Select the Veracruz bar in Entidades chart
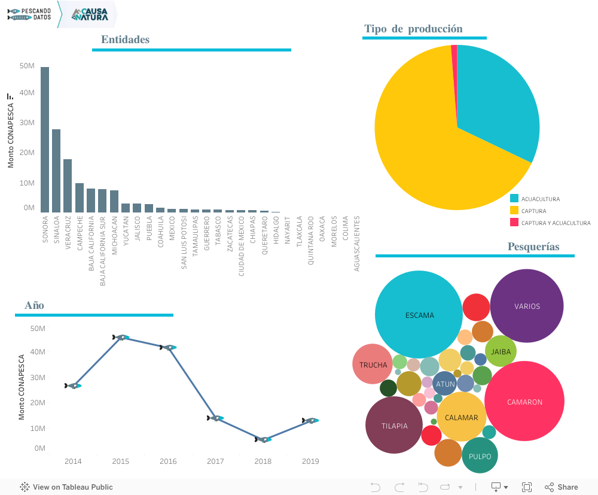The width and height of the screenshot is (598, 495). (68, 186)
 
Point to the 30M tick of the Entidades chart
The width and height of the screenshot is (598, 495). (27, 123)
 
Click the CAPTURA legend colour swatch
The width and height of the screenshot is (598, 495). (514, 211)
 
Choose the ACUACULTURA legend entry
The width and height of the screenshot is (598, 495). (540, 199)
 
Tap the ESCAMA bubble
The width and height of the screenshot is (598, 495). (419, 315)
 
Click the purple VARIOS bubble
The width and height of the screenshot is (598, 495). (527, 306)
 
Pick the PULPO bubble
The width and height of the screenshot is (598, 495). (480, 456)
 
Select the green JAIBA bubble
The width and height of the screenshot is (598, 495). (501, 351)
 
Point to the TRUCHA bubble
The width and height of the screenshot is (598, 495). (373, 365)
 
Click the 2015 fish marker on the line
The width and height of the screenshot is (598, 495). (121, 338)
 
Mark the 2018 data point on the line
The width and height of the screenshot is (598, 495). (263, 440)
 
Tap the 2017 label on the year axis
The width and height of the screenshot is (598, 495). (215, 461)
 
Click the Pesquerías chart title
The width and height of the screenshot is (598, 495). (533, 247)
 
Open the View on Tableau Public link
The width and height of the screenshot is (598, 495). (66, 487)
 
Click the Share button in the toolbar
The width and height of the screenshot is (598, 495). (562, 487)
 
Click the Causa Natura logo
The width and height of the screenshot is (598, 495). (90, 14)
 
